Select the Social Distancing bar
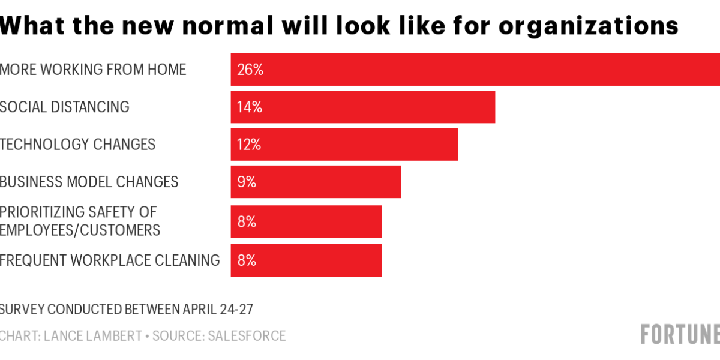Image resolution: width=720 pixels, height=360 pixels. pyautogui.click(x=363, y=107)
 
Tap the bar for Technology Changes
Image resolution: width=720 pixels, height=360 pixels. pyautogui.click(x=344, y=144)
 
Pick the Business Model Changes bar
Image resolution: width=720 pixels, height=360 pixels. pyautogui.click(x=316, y=181)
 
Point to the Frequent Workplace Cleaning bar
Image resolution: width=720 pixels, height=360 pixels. pyautogui.click(x=306, y=260)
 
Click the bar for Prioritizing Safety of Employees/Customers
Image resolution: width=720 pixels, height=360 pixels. pyautogui.click(x=306, y=221)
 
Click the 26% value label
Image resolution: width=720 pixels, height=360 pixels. pyautogui.click(x=250, y=70)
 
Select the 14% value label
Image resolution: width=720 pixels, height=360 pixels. pyautogui.click(x=250, y=107)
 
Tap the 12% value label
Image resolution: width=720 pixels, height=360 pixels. pyautogui.click(x=250, y=145)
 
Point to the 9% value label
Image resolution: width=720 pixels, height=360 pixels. pyautogui.click(x=247, y=182)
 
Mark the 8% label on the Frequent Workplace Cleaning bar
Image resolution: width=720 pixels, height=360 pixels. pyautogui.click(x=247, y=260)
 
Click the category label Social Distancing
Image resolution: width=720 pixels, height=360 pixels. pyautogui.click(x=65, y=107)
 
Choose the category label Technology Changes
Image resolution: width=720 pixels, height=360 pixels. pyautogui.click(x=77, y=144)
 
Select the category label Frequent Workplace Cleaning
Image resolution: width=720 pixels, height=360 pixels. pyautogui.click(x=110, y=260)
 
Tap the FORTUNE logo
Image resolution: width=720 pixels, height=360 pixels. pyautogui.click(x=680, y=334)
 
